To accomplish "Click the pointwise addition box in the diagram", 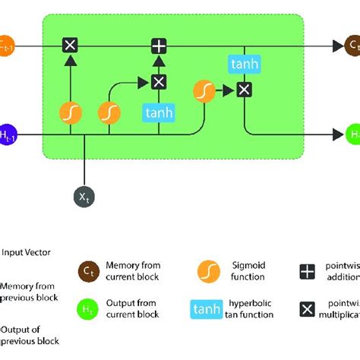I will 158,46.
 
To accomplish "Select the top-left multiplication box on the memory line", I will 70,46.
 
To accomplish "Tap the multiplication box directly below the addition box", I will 158,82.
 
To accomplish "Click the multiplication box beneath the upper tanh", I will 243,90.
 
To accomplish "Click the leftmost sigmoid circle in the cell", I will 70,113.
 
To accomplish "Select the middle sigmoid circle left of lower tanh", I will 109,113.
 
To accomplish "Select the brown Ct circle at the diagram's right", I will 352,46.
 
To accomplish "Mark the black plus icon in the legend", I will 307,272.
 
